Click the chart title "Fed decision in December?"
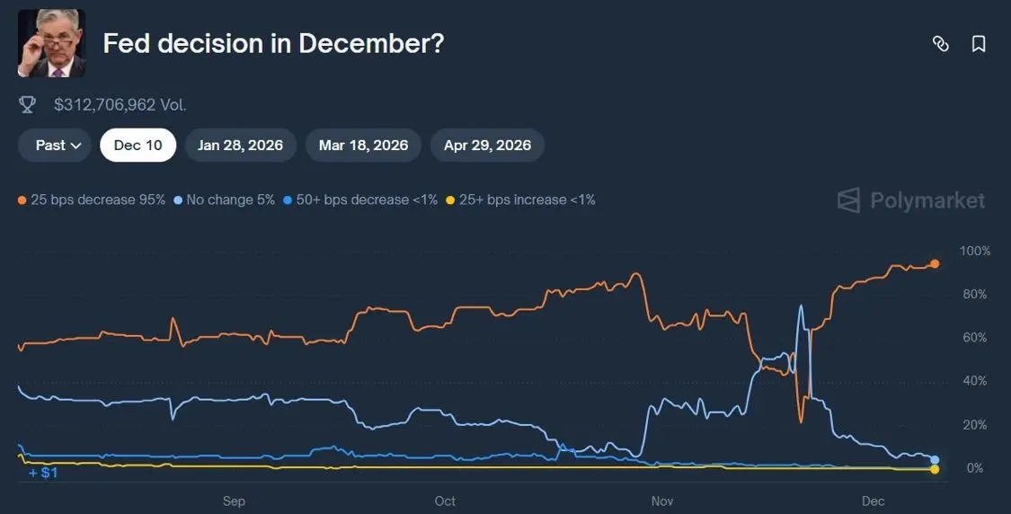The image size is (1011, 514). tap(273, 43)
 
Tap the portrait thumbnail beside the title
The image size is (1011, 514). tap(51, 43)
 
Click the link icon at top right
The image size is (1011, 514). tap(940, 43)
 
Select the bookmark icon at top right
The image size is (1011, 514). tap(979, 43)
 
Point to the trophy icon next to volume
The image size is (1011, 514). tap(28, 105)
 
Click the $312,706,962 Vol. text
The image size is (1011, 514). tap(120, 105)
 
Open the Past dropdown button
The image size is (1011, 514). tap(55, 145)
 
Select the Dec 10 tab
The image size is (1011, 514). tap(137, 145)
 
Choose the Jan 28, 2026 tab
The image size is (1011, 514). tap(240, 145)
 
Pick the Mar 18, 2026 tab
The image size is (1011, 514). tap(363, 145)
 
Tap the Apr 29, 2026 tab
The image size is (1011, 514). tap(487, 145)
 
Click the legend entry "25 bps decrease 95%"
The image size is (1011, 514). tap(92, 199)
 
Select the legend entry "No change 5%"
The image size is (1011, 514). tap(225, 199)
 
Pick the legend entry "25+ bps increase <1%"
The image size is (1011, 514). tap(521, 199)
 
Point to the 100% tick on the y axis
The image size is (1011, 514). tap(974, 251)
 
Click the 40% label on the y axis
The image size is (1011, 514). tap(975, 381)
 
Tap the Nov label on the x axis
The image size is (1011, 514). tap(661, 501)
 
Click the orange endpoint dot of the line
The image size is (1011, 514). tap(935, 263)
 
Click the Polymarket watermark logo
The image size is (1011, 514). tap(910, 199)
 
